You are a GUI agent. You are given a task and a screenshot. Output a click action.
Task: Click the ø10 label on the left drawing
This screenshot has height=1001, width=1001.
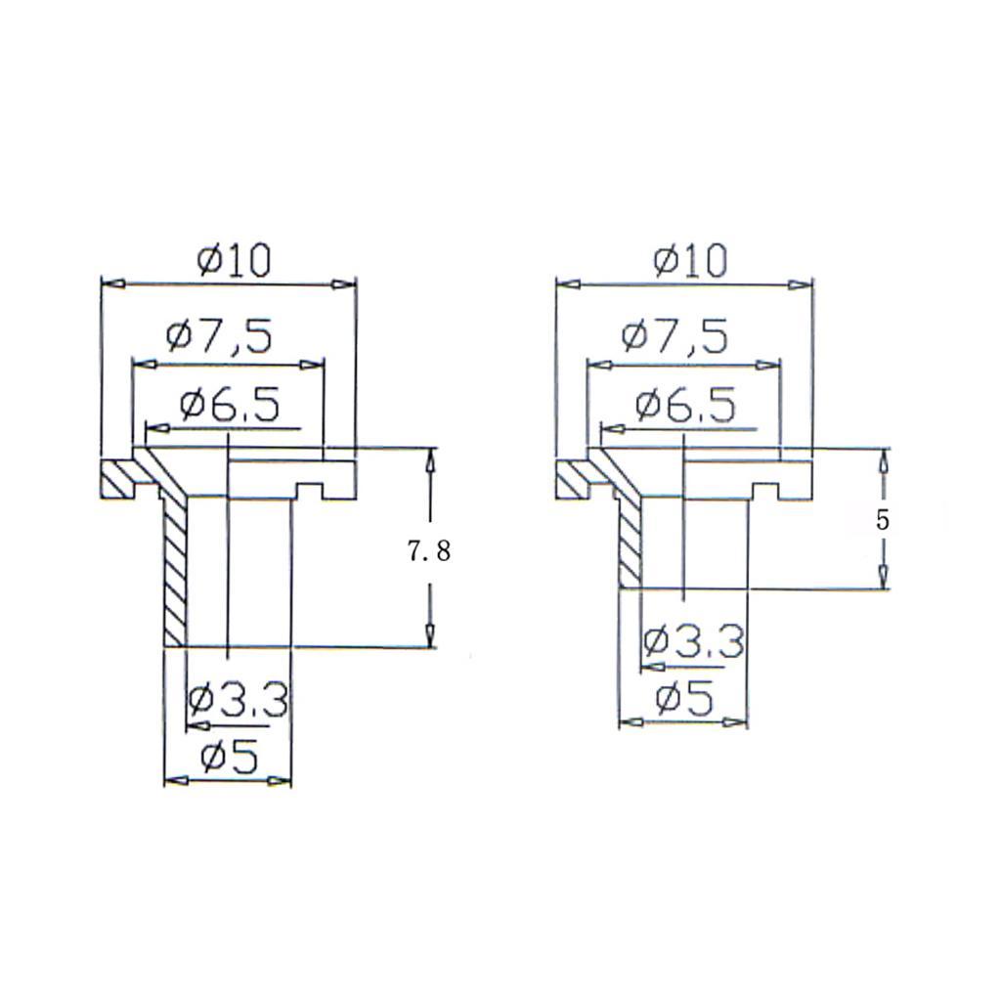pyautogui.click(x=232, y=261)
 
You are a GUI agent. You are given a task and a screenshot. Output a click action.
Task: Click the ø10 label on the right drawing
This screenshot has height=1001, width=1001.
pyautogui.click(x=690, y=261)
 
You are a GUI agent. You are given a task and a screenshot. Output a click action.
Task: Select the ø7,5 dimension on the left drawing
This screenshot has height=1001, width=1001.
pyautogui.click(x=219, y=337)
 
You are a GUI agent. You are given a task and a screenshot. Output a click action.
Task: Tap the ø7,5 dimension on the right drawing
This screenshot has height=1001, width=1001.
pyautogui.click(x=675, y=337)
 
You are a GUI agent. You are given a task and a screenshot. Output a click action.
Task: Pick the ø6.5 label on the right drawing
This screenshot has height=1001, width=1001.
pyautogui.click(x=684, y=404)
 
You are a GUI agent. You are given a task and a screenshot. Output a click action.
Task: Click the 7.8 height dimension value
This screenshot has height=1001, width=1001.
pyautogui.click(x=429, y=552)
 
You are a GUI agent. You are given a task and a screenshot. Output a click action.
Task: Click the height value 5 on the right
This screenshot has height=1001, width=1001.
pyautogui.click(x=883, y=521)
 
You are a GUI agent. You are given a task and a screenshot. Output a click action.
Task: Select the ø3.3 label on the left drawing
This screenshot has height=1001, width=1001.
pyautogui.click(x=238, y=700)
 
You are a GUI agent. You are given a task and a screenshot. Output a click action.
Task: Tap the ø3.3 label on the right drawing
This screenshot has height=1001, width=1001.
pyautogui.click(x=694, y=642)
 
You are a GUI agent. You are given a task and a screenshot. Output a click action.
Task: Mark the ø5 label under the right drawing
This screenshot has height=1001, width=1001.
pyautogui.click(x=684, y=699)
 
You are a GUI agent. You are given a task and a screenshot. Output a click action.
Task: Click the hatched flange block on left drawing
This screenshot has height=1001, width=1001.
pyautogui.click(x=117, y=479)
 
